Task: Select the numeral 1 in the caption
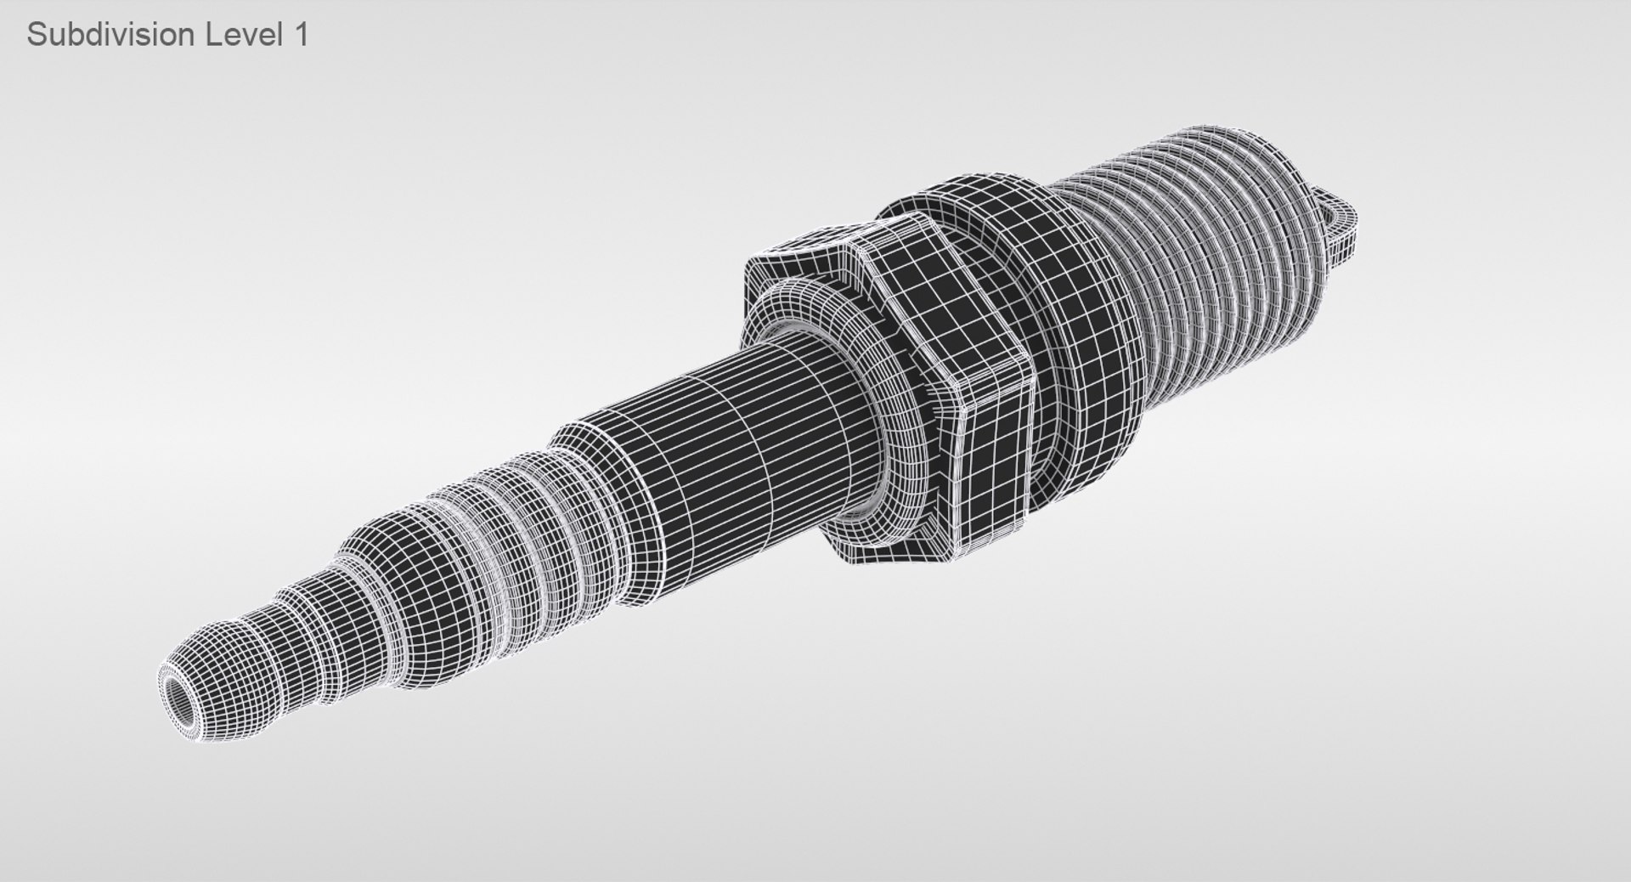[300, 35]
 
